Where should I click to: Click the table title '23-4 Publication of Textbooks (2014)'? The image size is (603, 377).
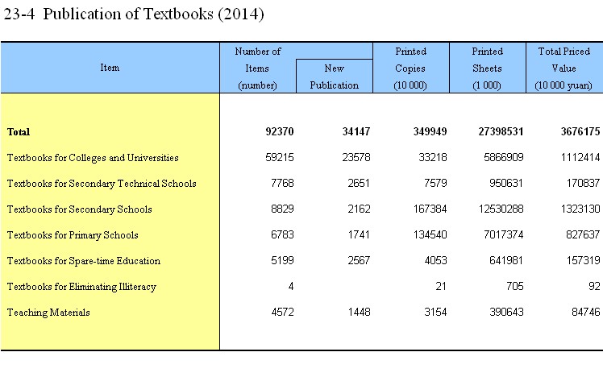(x=134, y=14)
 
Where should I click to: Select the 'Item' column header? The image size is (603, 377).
(x=110, y=68)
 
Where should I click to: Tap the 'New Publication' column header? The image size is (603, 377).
(x=335, y=77)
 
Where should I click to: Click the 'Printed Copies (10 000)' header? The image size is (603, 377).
(x=410, y=68)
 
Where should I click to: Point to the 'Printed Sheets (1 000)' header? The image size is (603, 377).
(x=487, y=68)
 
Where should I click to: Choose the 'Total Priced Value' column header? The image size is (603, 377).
(x=563, y=68)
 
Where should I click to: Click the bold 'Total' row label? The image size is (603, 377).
(x=19, y=132)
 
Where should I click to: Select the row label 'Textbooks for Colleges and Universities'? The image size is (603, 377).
(x=93, y=158)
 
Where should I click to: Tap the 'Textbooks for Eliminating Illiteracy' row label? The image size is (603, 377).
(x=81, y=287)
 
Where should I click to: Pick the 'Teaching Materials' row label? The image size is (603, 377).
(x=48, y=313)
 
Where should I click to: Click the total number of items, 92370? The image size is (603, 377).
(x=280, y=132)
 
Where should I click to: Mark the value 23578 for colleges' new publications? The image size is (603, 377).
(x=356, y=158)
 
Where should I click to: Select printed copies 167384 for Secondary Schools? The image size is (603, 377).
(x=430, y=209)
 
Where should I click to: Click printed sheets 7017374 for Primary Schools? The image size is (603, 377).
(x=503, y=234)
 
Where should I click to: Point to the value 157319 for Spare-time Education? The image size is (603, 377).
(x=583, y=260)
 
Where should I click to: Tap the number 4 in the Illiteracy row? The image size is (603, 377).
(x=291, y=286)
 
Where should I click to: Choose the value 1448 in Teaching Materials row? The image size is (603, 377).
(x=360, y=312)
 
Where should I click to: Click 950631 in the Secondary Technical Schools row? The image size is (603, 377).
(x=506, y=184)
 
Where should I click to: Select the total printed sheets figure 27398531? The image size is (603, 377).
(x=501, y=132)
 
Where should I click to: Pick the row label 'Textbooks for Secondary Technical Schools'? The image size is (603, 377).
(x=102, y=184)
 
